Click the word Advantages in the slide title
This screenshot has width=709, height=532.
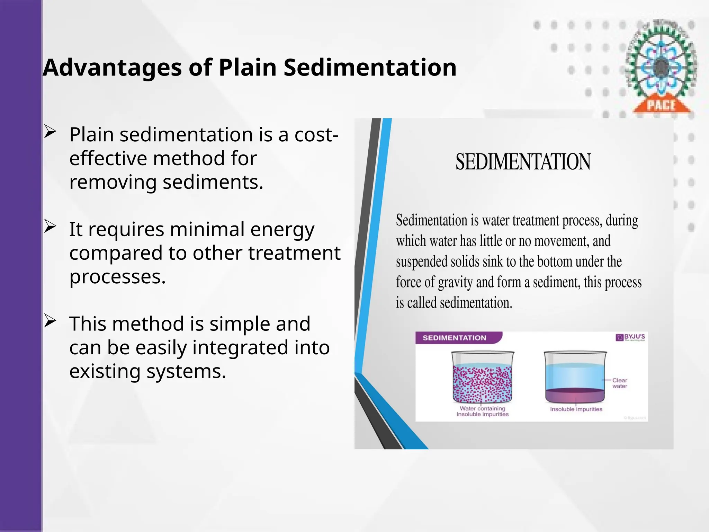[x=112, y=68]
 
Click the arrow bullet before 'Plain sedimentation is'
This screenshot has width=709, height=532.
[x=50, y=132]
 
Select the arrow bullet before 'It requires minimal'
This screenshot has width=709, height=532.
[x=50, y=227]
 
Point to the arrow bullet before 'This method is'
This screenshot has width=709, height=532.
[x=50, y=321]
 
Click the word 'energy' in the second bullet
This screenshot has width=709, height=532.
[x=282, y=230]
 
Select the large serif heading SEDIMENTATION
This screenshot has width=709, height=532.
[x=523, y=162]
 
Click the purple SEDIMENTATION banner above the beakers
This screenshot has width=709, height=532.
[x=455, y=338]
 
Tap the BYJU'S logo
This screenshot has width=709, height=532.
[x=631, y=337]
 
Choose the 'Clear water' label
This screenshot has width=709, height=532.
[x=619, y=383]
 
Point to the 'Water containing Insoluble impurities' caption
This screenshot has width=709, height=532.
[x=482, y=411]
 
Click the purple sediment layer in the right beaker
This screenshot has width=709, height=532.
[x=575, y=395]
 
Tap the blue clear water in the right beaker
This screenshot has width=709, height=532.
[x=575, y=376]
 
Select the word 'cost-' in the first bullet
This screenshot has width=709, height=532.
[x=316, y=135]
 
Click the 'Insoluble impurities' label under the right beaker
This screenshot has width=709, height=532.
[x=576, y=409]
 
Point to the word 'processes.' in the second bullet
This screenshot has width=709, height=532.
[x=118, y=277]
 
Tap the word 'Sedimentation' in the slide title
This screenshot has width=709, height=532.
[x=370, y=68]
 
